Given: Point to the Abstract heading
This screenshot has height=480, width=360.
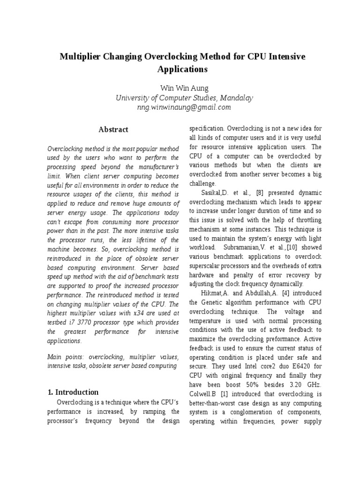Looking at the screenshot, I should pos(113,129).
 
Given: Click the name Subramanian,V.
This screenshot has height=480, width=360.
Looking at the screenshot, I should pos(242,247).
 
